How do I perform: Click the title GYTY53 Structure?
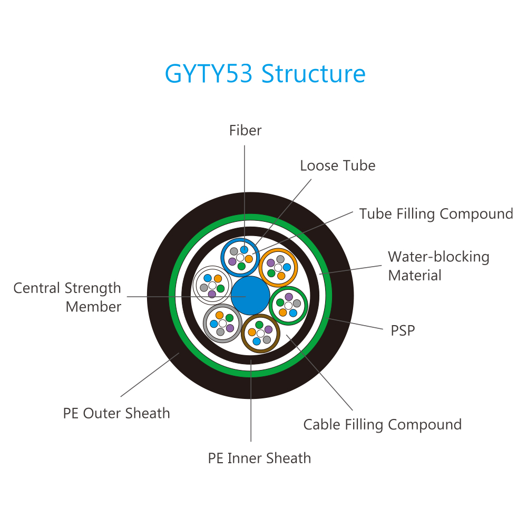(265, 74)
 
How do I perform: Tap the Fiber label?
(246, 130)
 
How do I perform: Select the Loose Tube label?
(338, 165)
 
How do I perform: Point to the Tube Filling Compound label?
(436, 214)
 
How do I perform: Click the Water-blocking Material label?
(438, 266)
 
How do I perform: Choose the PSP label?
(403, 331)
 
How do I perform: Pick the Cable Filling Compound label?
(383, 425)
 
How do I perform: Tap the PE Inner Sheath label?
(259, 458)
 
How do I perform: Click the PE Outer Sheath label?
(116, 413)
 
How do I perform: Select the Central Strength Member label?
(67, 297)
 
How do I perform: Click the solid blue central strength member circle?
(250, 296)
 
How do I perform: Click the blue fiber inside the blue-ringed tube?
(245, 250)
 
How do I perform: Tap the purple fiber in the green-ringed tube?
(289, 297)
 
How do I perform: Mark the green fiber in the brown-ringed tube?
(259, 325)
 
